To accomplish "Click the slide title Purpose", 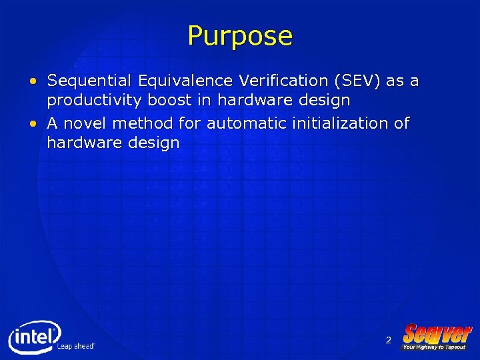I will tap(240, 36).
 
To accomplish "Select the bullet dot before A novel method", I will tap(33, 124).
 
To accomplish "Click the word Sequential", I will tap(89, 81).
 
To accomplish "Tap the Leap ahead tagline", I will tap(76, 346).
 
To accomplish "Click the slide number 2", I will tap(388, 341).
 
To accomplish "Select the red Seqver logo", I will tap(437, 333).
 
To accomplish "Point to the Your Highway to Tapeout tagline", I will tap(435, 347).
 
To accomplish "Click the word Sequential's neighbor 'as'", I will tap(395, 82).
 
